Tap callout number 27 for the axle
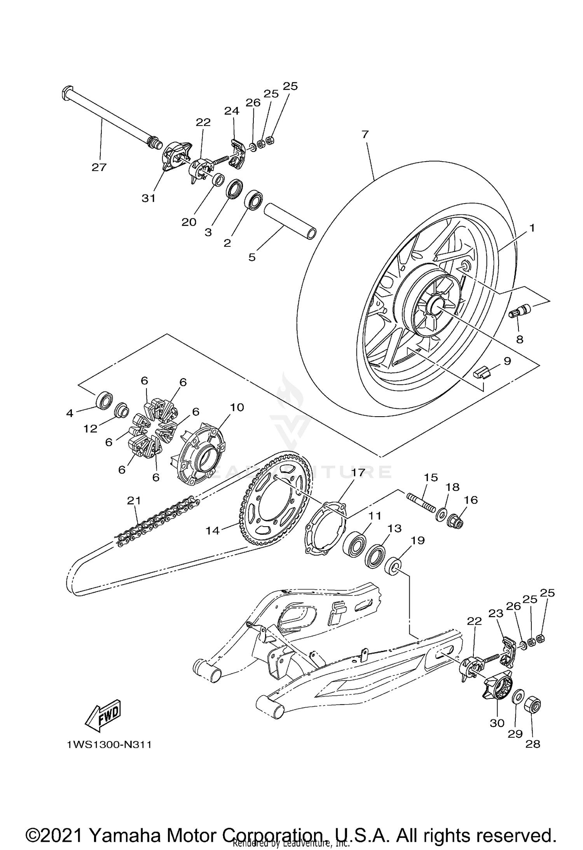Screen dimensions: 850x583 click(99, 167)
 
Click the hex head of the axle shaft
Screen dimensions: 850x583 click(66, 93)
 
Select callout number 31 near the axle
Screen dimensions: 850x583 click(148, 198)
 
